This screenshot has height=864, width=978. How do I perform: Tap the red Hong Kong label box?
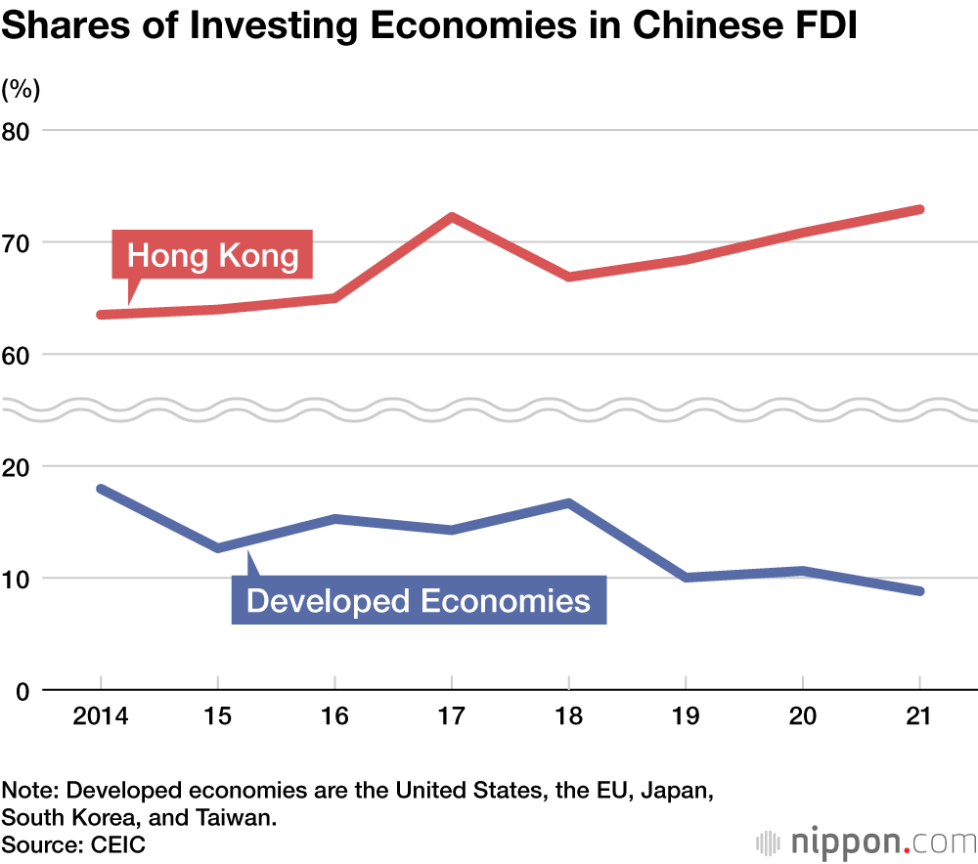212,256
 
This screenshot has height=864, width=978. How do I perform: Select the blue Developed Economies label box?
419,599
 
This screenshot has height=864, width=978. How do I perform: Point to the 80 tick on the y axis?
20,130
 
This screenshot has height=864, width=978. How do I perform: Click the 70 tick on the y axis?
20,242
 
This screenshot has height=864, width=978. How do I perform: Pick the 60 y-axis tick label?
20,354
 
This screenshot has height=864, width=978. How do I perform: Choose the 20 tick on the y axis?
20,466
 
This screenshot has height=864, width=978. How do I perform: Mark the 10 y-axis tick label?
20,579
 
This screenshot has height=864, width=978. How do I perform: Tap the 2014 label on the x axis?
101,717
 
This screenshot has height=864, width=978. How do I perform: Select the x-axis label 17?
451,717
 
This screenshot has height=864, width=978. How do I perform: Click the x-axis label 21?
919,717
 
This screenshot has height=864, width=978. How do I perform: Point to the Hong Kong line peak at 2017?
452,216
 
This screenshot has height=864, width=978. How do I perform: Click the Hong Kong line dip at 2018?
568,277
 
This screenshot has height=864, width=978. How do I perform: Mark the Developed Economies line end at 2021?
919,591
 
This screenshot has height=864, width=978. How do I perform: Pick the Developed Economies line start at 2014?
102,489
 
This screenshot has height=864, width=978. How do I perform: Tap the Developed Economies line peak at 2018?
568,503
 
